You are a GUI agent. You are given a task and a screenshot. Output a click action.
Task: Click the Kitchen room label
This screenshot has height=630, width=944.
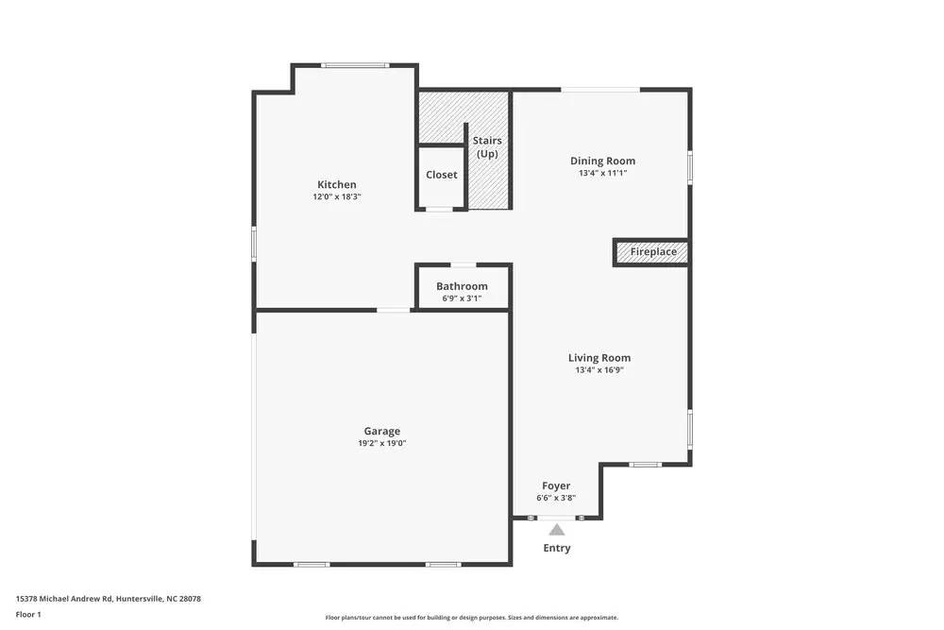337,184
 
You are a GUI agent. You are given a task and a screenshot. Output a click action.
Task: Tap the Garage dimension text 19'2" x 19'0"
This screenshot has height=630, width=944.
381,443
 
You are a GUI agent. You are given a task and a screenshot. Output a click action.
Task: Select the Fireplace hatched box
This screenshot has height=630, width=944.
652,252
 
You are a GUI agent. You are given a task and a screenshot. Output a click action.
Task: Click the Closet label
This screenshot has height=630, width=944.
441,175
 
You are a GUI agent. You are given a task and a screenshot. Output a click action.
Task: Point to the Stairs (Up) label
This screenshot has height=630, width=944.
487,146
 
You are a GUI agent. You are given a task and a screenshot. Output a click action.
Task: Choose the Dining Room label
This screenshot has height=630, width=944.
602,161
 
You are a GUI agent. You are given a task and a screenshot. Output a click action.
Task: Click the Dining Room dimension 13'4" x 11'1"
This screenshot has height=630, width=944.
602,174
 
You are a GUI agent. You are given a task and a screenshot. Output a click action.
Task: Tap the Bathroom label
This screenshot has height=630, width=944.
462,286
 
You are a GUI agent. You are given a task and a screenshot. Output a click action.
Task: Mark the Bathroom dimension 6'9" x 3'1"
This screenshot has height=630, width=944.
462,298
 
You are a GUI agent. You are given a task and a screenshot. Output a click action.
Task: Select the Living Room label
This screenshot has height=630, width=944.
599,358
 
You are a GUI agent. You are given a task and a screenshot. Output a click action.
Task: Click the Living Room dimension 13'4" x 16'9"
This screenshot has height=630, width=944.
599,370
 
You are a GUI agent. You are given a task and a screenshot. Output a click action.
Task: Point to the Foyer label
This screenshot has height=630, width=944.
556,486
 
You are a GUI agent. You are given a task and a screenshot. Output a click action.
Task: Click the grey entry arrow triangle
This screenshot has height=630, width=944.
557,530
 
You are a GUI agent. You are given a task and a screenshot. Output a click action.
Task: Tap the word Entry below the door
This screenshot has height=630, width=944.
557,548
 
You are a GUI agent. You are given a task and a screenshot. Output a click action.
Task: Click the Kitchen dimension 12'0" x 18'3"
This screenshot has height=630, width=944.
337,196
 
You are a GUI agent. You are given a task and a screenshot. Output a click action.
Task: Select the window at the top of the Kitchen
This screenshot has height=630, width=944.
355,65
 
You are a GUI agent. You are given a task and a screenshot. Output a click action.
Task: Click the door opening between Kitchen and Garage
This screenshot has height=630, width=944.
394,310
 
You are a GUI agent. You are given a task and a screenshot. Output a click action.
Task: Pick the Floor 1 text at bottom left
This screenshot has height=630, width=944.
29,614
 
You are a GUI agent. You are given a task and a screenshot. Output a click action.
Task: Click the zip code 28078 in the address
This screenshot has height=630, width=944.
190,599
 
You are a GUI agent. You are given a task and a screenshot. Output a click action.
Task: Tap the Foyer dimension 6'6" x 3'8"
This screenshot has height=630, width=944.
556,498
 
